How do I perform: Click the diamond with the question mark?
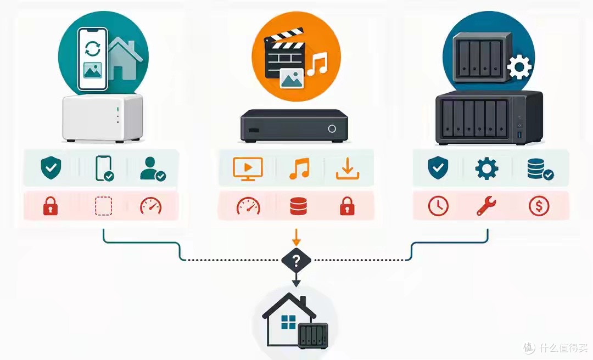click(296, 260)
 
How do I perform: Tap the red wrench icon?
click(486, 206)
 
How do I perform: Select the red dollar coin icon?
click(539, 206)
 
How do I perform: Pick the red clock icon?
click(438, 206)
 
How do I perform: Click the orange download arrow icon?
click(348, 168)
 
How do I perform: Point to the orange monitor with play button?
click(248, 168)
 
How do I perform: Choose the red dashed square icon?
click(103, 206)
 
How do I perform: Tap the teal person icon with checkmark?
click(153, 168)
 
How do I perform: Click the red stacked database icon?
click(298, 206)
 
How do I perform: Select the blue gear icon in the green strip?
click(486, 168)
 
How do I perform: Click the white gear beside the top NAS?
click(519, 67)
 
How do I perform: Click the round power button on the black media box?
click(332, 128)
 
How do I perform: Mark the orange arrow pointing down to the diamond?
click(296, 237)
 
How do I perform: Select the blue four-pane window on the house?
click(289, 323)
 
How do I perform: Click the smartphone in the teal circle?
click(92, 60)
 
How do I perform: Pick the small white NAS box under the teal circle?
click(103, 119)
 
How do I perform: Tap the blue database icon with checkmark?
click(540, 169)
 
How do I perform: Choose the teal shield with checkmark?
click(51, 168)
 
